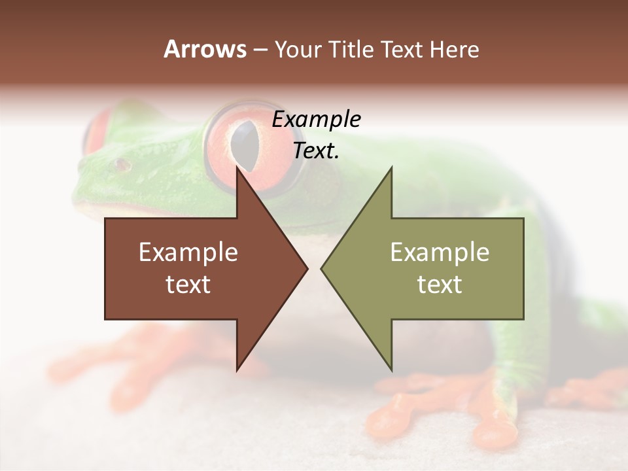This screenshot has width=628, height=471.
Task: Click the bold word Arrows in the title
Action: (x=205, y=49)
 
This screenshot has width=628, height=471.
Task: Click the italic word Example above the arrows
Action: (x=316, y=120)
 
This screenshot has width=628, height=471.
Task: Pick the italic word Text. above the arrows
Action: (x=316, y=151)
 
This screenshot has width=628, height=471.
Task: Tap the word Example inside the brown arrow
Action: (x=188, y=252)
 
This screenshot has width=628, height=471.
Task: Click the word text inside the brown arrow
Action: (x=188, y=285)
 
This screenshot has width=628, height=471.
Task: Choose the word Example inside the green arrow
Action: (x=440, y=252)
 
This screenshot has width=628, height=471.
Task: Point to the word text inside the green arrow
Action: (x=440, y=285)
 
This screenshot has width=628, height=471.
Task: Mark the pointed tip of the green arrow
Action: (x=323, y=268)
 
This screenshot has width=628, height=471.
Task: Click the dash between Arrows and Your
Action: (x=260, y=50)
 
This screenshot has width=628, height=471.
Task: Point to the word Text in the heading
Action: (x=402, y=49)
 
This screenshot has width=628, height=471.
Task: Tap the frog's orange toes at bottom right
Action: (x=471, y=419)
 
